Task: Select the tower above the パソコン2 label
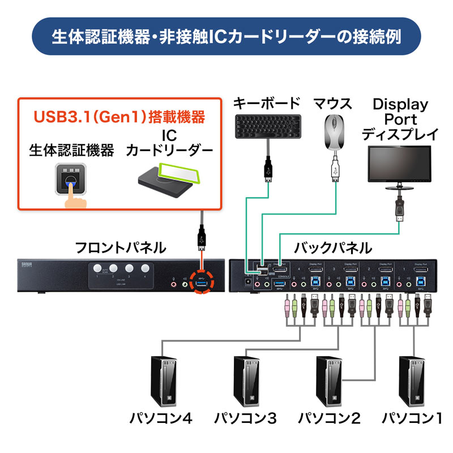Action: point(329,382)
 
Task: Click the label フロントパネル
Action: point(121,248)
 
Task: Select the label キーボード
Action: point(267,104)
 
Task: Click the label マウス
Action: point(333,104)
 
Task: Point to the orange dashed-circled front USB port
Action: point(202,281)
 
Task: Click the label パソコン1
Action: point(412,420)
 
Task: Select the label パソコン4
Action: point(161,420)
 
